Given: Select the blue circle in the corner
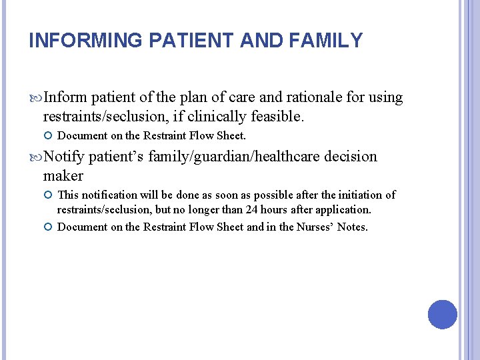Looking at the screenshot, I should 443,315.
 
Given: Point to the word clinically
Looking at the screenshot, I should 219,117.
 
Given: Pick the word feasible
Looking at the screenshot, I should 277,117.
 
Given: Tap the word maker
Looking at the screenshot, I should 63,176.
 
